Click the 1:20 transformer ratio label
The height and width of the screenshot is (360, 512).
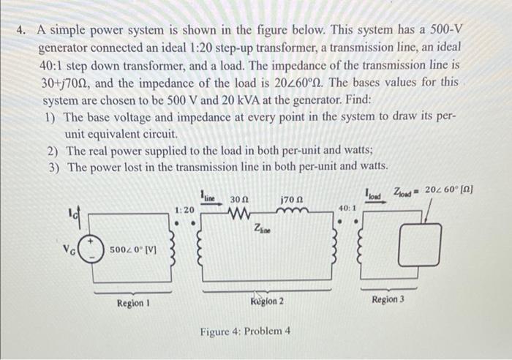point(185,210)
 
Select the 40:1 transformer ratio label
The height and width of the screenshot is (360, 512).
point(347,209)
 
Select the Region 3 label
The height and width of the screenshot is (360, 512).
point(388,300)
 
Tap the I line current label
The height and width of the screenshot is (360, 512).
point(209,196)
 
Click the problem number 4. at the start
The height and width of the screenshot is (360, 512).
point(23,31)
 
